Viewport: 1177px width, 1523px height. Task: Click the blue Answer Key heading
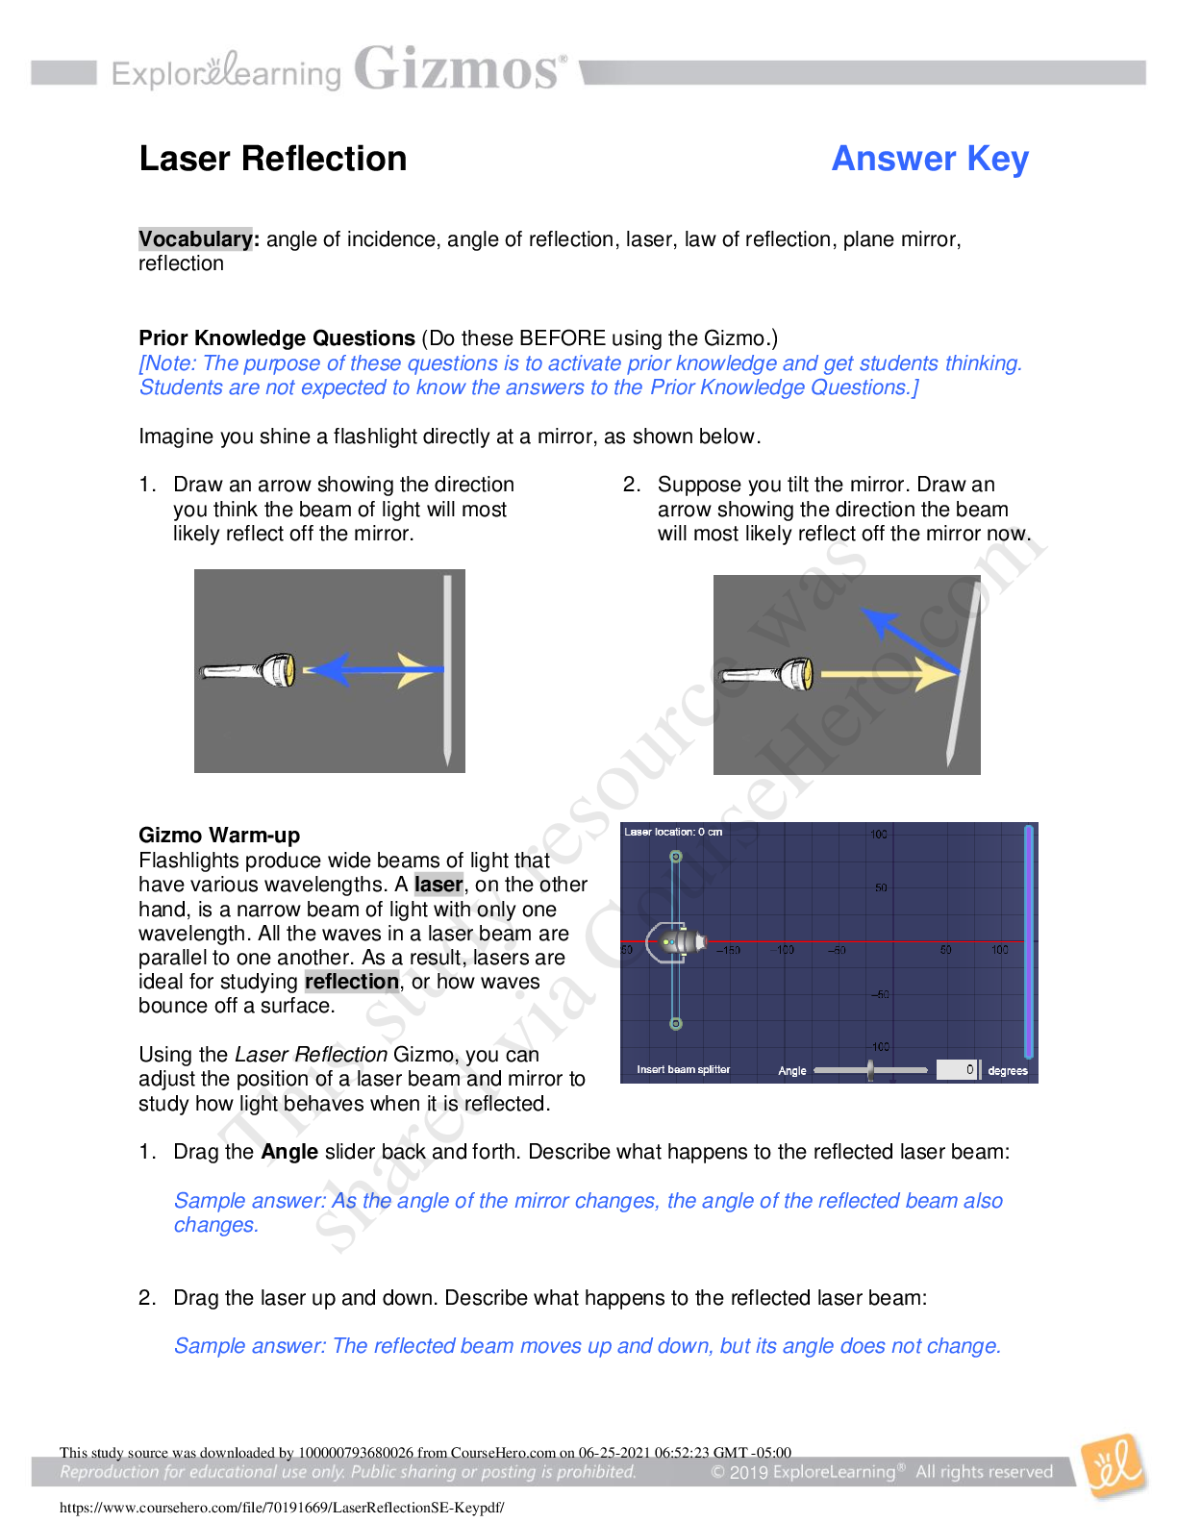click(x=930, y=160)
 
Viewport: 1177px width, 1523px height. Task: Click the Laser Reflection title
click(x=273, y=159)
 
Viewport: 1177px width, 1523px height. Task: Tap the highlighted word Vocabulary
click(x=195, y=239)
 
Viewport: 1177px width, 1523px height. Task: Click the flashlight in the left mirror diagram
click(x=248, y=671)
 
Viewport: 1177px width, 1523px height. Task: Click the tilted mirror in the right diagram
click(x=963, y=674)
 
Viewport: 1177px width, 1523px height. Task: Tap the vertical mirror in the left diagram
click(x=447, y=671)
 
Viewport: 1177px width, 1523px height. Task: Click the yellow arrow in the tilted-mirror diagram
click(x=889, y=674)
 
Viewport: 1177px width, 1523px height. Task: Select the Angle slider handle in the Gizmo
click(x=870, y=1070)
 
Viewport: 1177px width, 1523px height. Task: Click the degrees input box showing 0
click(x=958, y=1069)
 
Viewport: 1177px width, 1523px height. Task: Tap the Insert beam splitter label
click(x=683, y=1069)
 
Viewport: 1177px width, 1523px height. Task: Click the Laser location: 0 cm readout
click(x=673, y=832)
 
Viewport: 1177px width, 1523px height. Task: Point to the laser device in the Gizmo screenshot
click(x=676, y=942)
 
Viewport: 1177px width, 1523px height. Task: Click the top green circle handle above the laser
click(x=676, y=857)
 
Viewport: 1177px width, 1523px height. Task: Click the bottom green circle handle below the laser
click(x=676, y=1024)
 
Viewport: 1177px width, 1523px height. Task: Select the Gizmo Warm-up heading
click(x=219, y=836)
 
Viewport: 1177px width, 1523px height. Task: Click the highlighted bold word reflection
click(x=352, y=982)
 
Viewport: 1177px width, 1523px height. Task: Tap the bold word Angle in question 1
click(x=289, y=1152)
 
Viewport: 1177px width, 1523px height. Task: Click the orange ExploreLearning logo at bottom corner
click(x=1114, y=1467)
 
